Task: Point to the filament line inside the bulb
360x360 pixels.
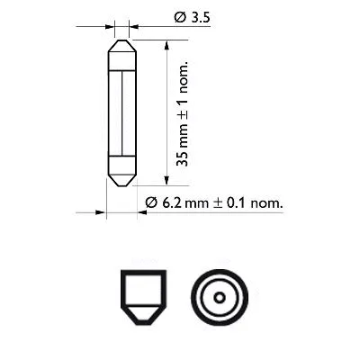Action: pos(121,112)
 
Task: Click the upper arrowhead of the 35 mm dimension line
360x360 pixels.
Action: pos(166,44)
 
